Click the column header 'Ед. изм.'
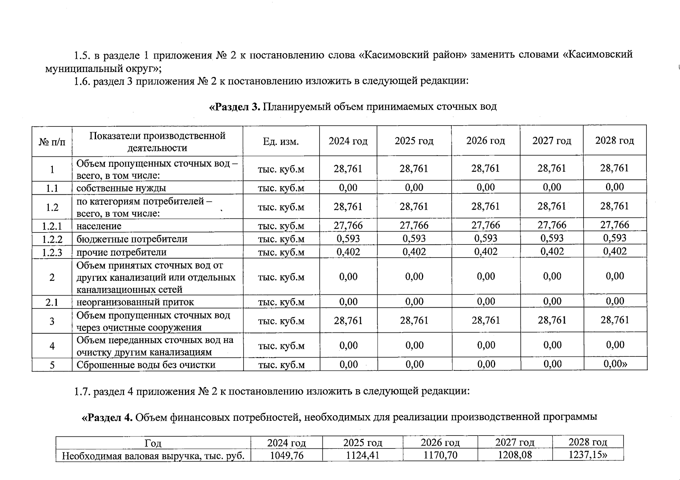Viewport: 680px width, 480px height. click(x=281, y=142)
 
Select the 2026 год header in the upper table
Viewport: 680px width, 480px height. click(x=485, y=141)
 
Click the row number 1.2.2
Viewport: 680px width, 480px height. click(x=52, y=239)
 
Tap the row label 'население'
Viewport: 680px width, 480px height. click(x=99, y=226)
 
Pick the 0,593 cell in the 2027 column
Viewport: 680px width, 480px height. click(x=552, y=238)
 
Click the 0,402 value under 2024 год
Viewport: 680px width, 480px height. click(x=348, y=252)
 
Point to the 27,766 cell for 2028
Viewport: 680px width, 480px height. click(x=614, y=225)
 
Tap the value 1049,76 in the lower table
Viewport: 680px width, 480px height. click(x=286, y=455)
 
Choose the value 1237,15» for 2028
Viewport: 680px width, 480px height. click(x=588, y=455)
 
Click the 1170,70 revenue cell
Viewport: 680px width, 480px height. click(x=440, y=455)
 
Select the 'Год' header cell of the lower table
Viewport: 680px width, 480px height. click(x=153, y=443)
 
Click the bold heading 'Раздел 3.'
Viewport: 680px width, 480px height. click(x=235, y=107)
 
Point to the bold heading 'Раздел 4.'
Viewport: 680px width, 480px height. click(x=107, y=418)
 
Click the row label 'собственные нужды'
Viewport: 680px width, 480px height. click(x=121, y=188)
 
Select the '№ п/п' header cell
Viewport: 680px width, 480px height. click(x=52, y=142)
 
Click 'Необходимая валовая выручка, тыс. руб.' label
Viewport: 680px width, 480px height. click(x=153, y=456)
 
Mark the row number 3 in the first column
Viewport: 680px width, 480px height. click(x=52, y=321)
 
